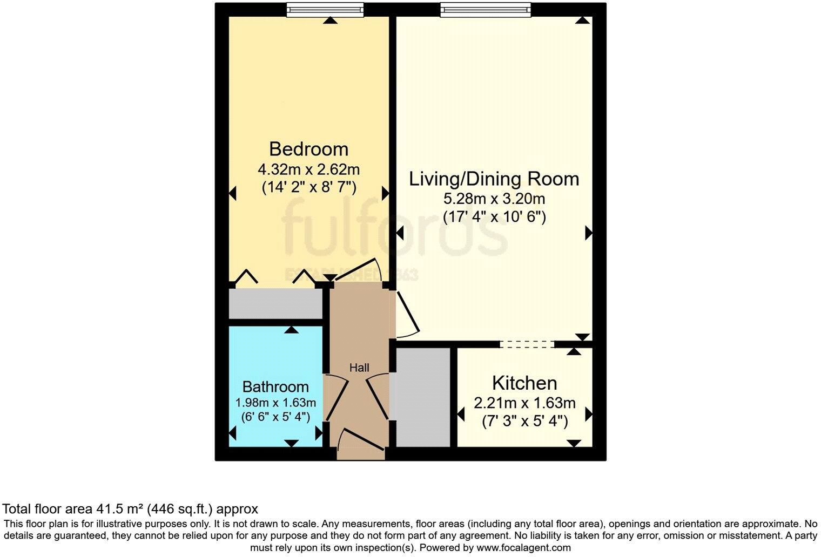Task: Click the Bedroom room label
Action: (x=308, y=148)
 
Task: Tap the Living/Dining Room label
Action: (x=494, y=179)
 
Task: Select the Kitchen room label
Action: (x=524, y=383)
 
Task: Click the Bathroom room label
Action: (x=275, y=386)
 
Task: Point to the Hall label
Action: (x=359, y=368)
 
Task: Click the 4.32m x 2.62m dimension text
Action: (x=308, y=169)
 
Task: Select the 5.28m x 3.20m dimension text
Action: (x=494, y=199)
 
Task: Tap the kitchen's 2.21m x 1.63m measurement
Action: (x=524, y=403)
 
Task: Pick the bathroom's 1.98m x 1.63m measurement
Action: (x=275, y=403)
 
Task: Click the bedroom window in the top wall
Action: (x=325, y=10)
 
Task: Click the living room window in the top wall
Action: (x=485, y=10)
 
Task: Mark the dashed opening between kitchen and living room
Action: (x=527, y=344)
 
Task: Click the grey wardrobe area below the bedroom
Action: (x=275, y=303)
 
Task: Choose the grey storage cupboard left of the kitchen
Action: (x=423, y=397)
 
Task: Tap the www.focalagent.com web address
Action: (x=522, y=547)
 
